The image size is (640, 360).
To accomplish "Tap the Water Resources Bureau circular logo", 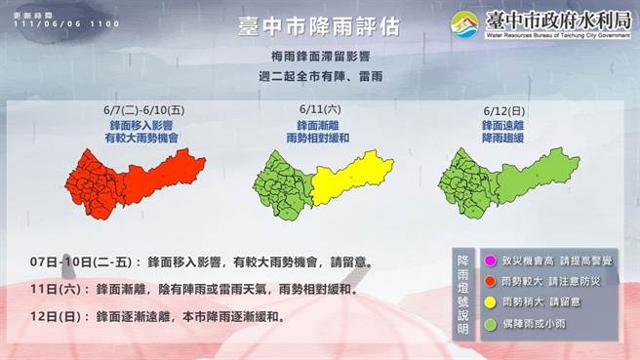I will pyautogui.click(x=464, y=23).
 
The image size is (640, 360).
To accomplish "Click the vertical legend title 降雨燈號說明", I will pyautogui.click(x=465, y=293).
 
